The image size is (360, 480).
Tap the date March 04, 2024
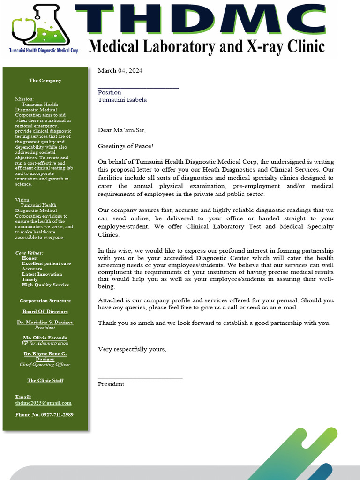[x=120, y=71]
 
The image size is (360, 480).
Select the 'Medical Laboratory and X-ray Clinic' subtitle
[x=206, y=46]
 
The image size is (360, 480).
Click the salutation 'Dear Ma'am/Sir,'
[x=119, y=130]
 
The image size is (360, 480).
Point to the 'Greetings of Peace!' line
[x=126, y=147]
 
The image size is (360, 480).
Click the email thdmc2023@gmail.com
[x=43, y=403]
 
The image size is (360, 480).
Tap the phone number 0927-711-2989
[x=44, y=414]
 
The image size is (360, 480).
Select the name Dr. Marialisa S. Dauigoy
[x=45, y=322]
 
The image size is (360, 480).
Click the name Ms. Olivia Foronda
[x=45, y=337]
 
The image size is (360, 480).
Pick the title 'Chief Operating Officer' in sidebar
[x=45, y=364]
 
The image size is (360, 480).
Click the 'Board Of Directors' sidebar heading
[x=45, y=311]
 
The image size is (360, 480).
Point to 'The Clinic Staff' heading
[x=45, y=380]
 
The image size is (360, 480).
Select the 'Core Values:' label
[x=29, y=253]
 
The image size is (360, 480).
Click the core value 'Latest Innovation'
[x=42, y=274]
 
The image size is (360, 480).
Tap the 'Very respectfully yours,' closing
[x=132, y=349]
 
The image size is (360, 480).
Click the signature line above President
[x=140, y=378]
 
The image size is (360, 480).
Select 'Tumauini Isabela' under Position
[x=122, y=99]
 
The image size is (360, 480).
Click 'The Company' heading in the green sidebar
[x=45, y=80]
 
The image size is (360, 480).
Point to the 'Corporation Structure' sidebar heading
[x=45, y=300]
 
